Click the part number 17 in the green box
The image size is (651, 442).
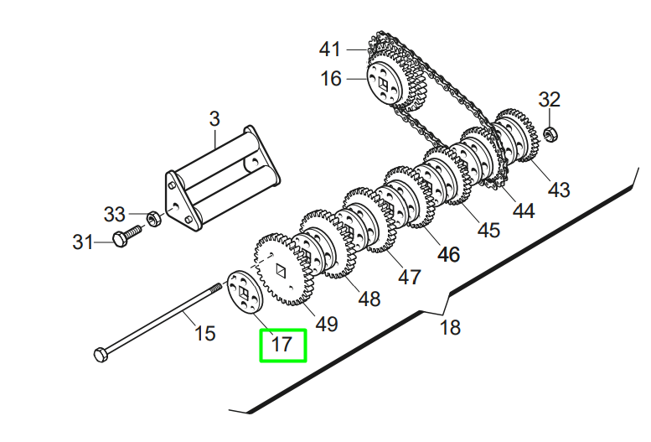(282, 344)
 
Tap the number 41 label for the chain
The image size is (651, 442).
(331, 49)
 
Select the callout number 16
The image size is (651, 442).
(331, 79)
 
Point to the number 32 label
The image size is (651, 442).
(549, 100)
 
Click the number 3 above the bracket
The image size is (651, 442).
(214, 119)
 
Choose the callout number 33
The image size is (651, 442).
(115, 213)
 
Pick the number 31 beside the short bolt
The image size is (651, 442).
(82, 242)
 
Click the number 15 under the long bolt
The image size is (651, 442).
(204, 333)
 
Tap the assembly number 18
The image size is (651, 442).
(450, 326)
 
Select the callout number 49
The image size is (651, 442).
(326, 323)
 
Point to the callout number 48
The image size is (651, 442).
(369, 298)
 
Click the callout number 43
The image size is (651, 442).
(559, 190)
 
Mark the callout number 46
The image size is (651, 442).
(449, 254)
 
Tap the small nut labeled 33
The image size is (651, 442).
(153, 220)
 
